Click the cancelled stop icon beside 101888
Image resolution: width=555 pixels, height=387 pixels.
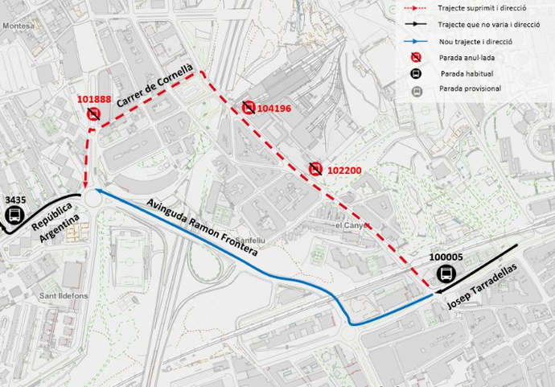[x=94, y=115]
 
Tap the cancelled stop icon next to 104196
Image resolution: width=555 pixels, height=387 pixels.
[x=249, y=107]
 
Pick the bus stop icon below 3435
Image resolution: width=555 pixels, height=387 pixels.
[x=14, y=215]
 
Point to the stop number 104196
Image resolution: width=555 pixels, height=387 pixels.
[x=276, y=107]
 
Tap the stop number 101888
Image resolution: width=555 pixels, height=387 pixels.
[x=94, y=100]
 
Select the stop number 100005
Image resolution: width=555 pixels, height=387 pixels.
[x=446, y=257]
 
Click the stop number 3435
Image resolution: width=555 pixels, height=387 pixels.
[x=15, y=199]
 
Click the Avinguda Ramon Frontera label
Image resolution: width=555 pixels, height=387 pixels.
[x=202, y=226]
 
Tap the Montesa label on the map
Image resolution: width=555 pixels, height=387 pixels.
[x=17, y=25]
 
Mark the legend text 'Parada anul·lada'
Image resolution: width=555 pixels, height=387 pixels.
[x=466, y=56]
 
